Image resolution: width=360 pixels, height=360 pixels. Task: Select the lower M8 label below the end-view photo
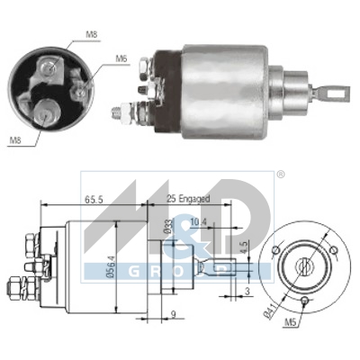pos(14,139)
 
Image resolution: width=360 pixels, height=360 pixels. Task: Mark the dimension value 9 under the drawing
pos(173,314)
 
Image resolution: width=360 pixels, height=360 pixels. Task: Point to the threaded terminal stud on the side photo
pos(121,113)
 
